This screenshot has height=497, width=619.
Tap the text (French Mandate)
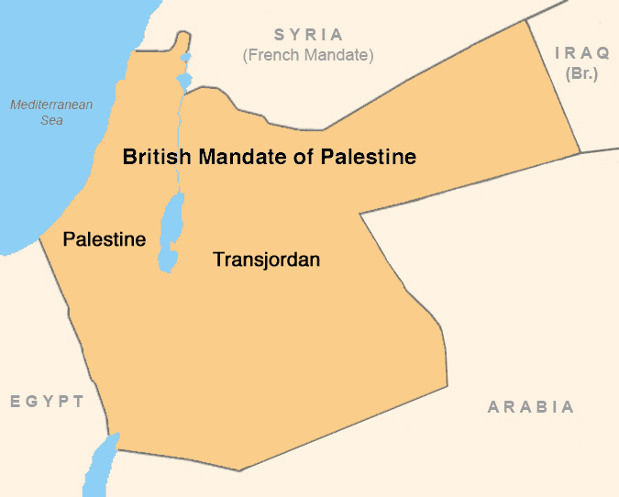pyautogui.click(x=308, y=56)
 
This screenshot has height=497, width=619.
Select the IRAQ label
pyautogui.click(x=582, y=53)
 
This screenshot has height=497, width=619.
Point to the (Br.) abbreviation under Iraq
pyautogui.click(x=582, y=73)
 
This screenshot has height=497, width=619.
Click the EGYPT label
pyautogui.click(x=48, y=402)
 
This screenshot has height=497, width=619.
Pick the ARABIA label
pyautogui.click(x=531, y=407)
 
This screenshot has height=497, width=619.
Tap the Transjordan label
pyautogui.click(x=266, y=260)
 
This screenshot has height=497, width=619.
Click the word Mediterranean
pyautogui.click(x=51, y=105)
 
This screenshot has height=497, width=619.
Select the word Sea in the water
pyautogui.click(x=51, y=120)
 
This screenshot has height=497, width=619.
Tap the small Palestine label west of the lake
pyautogui.click(x=104, y=240)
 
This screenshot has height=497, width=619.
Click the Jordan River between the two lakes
pyautogui.click(x=180, y=138)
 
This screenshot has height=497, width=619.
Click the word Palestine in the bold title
pyautogui.click(x=369, y=157)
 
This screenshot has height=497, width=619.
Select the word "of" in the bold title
pyautogui.click(x=307, y=157)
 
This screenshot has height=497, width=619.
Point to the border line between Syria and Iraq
pyautogui.click(x=555, y=87)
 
